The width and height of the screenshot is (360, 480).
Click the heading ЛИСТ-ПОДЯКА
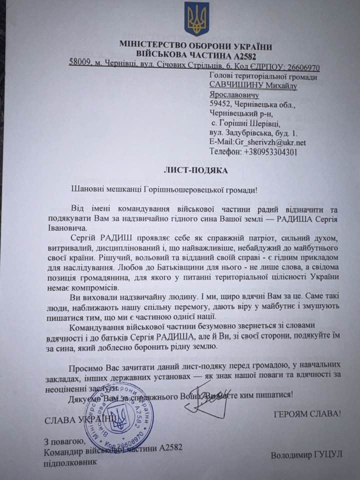coord(195,170)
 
